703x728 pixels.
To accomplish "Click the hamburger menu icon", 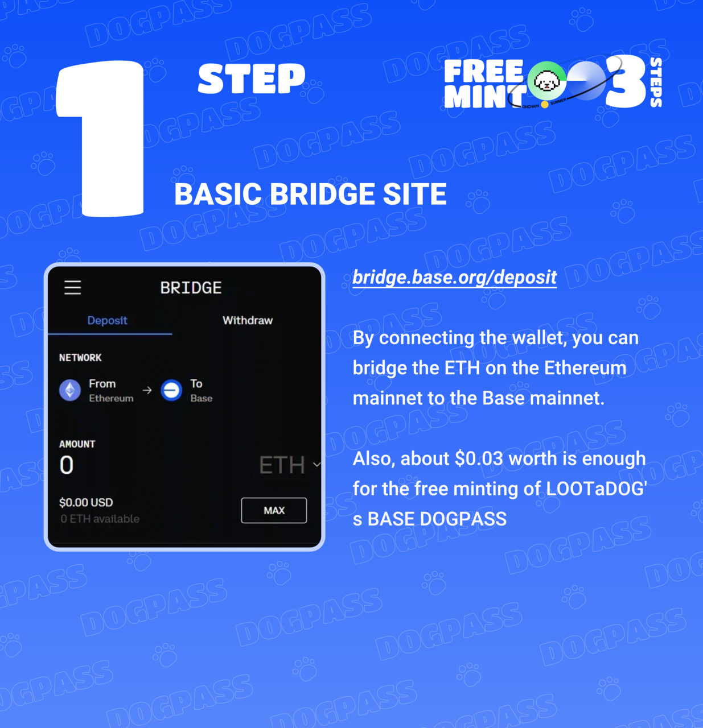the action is click(x=73, y=287).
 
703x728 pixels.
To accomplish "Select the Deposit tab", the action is click(x=108, y=320).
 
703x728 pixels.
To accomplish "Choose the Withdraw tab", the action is click(x=248, y=320).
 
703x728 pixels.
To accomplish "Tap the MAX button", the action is click(x=274, y=510).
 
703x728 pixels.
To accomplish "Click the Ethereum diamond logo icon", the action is click(x=70, y=390).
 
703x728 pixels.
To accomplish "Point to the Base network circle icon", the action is click(x=171, y=390).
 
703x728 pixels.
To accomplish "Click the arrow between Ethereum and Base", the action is click(x=147, y=390).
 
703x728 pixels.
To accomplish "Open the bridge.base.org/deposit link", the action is click(x=454, y=277).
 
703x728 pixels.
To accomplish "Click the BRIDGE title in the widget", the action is click(x=191, y=288).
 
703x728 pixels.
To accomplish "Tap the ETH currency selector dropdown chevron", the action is click(x=316, y=465).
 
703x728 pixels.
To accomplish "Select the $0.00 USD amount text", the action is click(x=86, y=502).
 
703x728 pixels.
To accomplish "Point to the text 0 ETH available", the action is click(x=100, y=519).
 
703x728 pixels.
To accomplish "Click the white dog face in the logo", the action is click(x=547, y=81).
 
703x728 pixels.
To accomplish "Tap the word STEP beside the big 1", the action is click(x=252, y=78).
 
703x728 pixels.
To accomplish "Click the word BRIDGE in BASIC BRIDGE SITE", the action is click(x=322, y=194).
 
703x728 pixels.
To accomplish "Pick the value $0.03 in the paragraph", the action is click(x=479, y=458).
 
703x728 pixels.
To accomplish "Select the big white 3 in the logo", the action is click(x=625, y=81).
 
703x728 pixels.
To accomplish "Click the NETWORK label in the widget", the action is click(x=80, y=358).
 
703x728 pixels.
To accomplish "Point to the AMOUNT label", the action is click(x=77, y=444).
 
